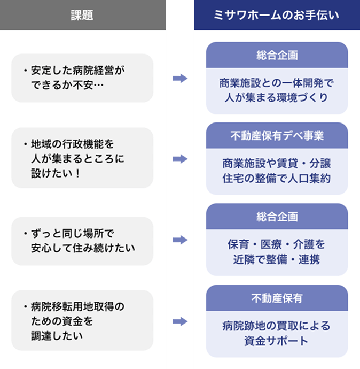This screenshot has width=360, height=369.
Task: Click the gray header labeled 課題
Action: point(83,15)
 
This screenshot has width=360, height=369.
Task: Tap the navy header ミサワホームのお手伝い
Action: point(277,15)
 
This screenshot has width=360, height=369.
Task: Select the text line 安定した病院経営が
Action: point(78,71)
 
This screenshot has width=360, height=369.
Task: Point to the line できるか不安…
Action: point(67,85)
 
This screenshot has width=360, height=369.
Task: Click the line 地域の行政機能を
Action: point(73,144)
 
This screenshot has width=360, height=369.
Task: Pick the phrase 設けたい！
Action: point(56,173)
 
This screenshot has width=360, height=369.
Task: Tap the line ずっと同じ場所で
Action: point(73,234)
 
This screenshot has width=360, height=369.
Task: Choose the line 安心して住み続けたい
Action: point(83,248)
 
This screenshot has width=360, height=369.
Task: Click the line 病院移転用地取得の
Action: point(78,306)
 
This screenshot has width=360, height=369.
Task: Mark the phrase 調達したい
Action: point(57,336)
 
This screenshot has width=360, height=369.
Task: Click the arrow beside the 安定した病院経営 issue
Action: point(180,79)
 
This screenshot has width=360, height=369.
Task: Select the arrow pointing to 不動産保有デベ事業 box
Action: point(180,159)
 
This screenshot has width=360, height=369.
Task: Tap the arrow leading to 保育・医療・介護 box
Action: point(180,240)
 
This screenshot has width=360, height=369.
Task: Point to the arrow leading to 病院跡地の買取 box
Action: point(180,321)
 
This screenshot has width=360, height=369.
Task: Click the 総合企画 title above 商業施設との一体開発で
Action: point(277,56)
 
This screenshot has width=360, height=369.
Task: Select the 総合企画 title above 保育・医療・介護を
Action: point(277,217)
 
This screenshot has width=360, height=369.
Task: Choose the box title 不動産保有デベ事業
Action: point(277,136)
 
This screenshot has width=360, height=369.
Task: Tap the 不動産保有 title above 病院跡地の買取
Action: point(277,298)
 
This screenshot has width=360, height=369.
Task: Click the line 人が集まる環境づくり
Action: point(277,97)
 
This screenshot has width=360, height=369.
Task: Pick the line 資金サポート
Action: point(276,341)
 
